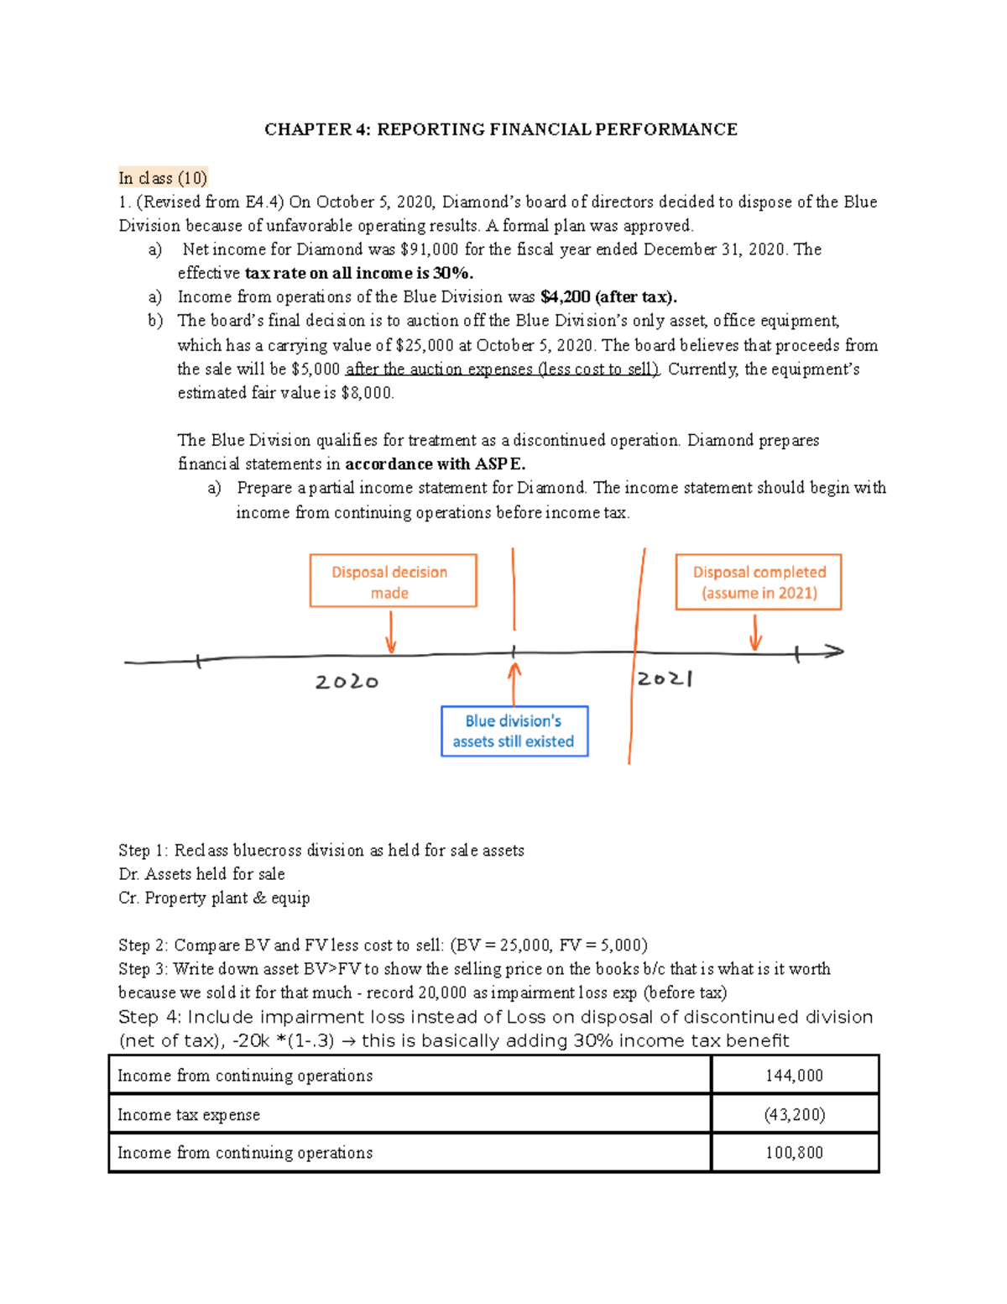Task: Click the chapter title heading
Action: (501, 129)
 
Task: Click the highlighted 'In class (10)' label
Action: (163, 178)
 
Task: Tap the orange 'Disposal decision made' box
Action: (393, 581)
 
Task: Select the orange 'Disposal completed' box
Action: (759, 581)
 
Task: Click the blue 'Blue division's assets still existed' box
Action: (514, 731)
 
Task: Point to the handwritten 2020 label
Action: (347, 682)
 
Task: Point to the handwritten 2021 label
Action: (665, 678)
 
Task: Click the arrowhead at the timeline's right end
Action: (833, 651)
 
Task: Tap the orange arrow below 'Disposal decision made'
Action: (391, 633)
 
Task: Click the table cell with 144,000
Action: (794, 1076)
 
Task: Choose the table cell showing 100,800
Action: (794, 1153)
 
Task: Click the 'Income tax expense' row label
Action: (189, 1115)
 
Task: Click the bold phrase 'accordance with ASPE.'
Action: (436, 464)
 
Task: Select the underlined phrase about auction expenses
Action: (503, 369)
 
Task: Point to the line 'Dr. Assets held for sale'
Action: (201, 874)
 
